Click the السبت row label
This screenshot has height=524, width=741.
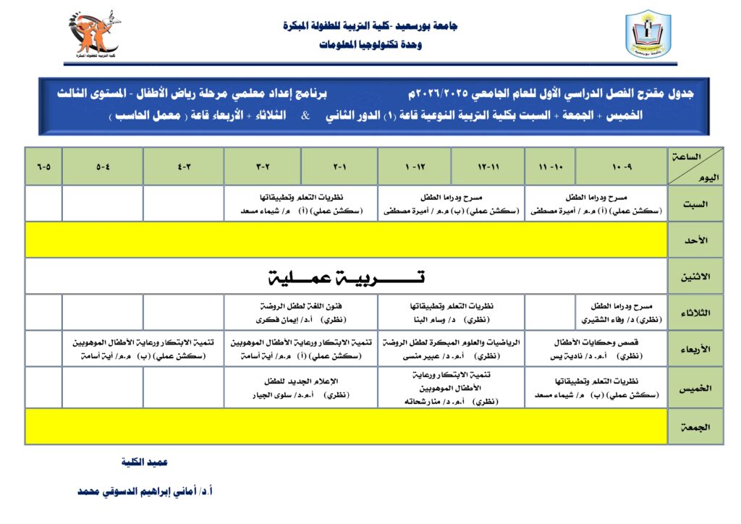click(x=695, y=203)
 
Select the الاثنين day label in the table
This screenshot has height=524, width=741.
click(x=695, y=276)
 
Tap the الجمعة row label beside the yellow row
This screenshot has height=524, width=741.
click(x=695, y=427)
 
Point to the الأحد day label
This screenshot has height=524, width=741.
click(x=695, y=240)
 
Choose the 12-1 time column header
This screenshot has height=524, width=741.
click(x=415, y=166)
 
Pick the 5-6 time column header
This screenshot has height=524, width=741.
click(x=43, y=166)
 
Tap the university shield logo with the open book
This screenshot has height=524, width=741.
click(x=648, y=34)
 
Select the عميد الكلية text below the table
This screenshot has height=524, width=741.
click(x=145, y=462)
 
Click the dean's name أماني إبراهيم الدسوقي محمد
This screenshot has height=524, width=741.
click(x=145, y=491)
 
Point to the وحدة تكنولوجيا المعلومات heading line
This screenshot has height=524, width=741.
click(x=370, y=45)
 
